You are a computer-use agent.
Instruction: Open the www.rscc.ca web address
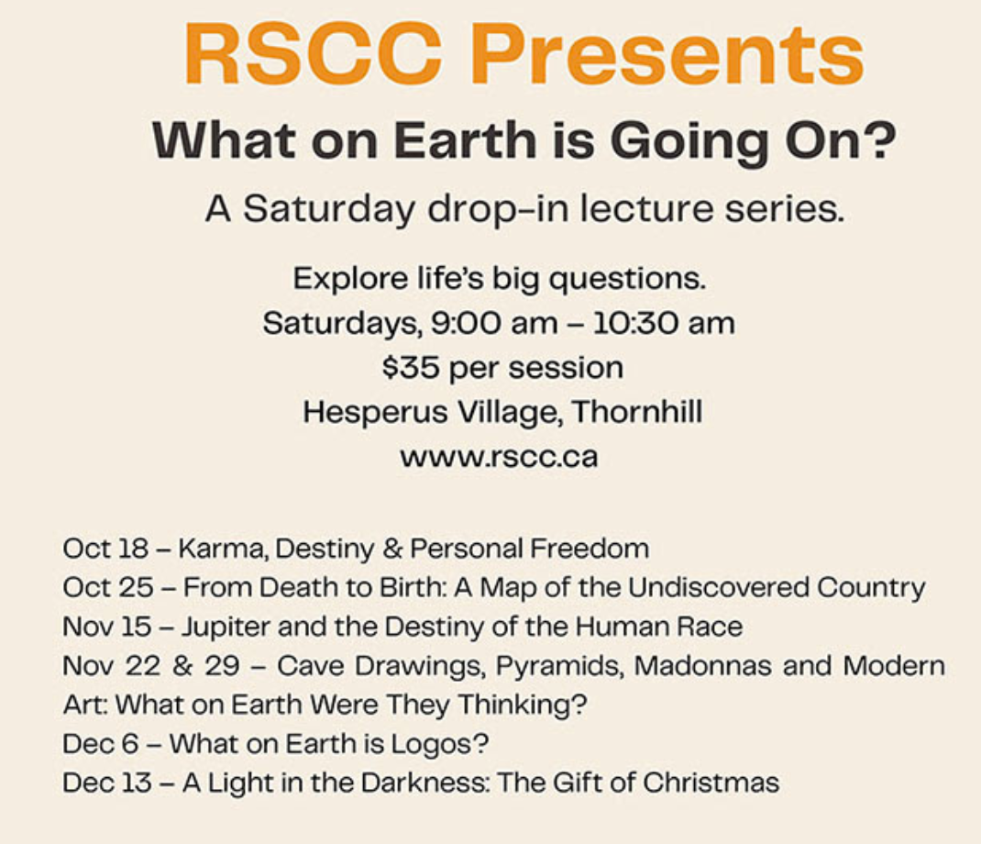point(499,457)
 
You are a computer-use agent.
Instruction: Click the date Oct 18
point(105,549)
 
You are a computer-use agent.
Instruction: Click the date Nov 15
point(107,627)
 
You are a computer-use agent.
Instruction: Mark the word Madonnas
point(702,665)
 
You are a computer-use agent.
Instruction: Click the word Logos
point(439,744)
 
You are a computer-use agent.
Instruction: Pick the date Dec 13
point(107,783)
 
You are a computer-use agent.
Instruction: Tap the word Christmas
point(711,783)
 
